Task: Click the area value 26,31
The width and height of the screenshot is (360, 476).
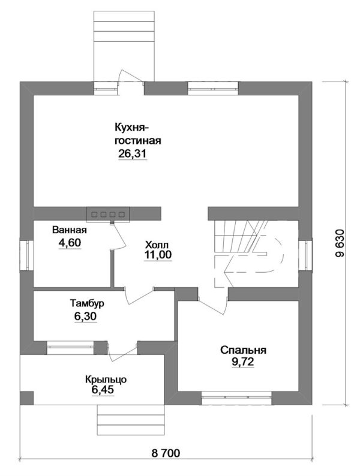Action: coord(133,154)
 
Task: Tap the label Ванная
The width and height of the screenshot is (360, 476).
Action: coord(69,230)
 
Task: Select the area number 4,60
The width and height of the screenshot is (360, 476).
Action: coord(70,243)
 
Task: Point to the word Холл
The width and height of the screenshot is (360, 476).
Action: coord(157,245)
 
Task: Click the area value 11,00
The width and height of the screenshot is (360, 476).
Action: coord(158,255)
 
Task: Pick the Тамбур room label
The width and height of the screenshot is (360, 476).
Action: coord(87,303)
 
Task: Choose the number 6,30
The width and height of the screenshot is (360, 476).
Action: coord(85,317)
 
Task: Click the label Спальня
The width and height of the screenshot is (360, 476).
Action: coord(243,350)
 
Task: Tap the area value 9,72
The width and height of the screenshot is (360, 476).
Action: coord(243,362)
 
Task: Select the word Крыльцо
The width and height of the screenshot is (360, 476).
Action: coord(106,379)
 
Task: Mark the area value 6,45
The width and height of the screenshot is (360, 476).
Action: coord(103,390)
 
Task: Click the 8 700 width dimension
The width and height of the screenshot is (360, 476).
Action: coord(166,453)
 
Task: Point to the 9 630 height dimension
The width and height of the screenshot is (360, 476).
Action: coord(340,243)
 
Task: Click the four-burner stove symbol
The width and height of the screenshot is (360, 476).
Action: coord(108,215)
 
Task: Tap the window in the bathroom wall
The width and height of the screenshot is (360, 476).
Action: coord(26,255)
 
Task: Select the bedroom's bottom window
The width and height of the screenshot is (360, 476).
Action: coord(236,397)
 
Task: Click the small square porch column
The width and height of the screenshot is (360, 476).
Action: coord(27,397)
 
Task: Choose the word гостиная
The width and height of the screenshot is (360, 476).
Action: coord(137,141)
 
